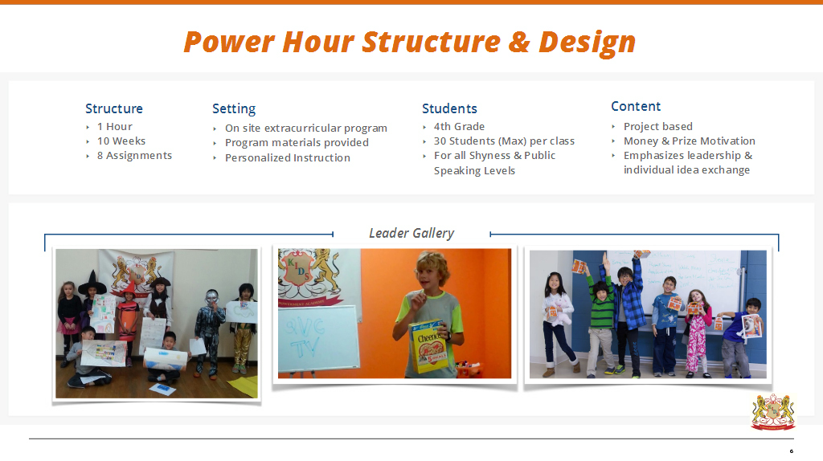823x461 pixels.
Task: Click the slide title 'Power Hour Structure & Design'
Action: tap(410, 42)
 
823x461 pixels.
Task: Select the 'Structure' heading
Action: tap(114, 108)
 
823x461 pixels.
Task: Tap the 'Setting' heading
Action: tap(234, 108)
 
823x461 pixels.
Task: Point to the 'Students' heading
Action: tap(449, 108)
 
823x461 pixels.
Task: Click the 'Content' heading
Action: tap(636, 106)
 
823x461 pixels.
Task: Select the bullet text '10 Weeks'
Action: tap(121, 141)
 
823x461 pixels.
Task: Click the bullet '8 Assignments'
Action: tap(134, 155)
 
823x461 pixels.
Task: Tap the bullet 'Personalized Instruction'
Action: tap(287, 157)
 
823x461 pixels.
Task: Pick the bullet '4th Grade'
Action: tap(459, 126)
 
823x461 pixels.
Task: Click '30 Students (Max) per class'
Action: tap(504, 141)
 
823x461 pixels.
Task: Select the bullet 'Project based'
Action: tap(657, 126)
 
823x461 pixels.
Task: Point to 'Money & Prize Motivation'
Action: tap(689, 141)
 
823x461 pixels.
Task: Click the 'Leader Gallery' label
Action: tap(411, 233)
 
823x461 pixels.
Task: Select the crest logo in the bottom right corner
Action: tap(772, 411)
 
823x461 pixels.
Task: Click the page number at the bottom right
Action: tap(791, 451)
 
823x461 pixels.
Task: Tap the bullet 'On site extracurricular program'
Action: tap(305, 128)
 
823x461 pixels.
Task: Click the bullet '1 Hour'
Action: tap(114, 126)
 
